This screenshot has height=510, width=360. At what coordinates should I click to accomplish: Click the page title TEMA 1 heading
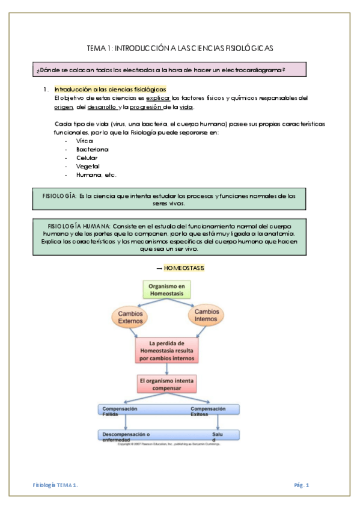click(180, 48)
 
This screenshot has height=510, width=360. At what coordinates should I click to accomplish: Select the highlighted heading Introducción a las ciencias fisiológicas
click(110, 90)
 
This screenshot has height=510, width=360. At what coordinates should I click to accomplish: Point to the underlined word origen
click(64, 107)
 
